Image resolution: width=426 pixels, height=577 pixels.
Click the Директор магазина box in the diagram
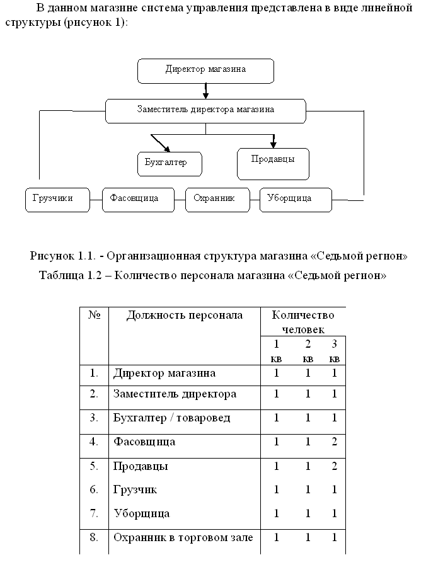point(205,71)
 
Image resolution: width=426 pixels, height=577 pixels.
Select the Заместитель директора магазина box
point(205,111)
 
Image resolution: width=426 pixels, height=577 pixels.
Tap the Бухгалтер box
point(170,164)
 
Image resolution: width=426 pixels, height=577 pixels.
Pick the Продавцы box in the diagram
point(273,164)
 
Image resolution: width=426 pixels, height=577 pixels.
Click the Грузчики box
point(57,200)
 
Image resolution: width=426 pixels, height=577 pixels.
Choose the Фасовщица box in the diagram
point(138,200)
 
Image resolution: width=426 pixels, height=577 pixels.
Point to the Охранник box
point(217,200)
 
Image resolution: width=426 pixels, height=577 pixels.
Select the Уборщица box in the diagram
point(296,200)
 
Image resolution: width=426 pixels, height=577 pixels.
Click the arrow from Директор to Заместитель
point(206,91)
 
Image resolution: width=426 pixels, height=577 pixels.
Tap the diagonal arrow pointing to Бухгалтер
point(161,143)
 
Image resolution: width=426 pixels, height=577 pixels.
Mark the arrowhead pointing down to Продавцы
point(273,144)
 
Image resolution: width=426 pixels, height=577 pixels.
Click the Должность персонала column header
point(185,316)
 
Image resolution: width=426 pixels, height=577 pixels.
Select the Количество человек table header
point(303,322)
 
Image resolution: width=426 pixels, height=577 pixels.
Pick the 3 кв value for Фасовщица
point(335,441)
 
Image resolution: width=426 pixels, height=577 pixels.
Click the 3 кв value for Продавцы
point(335,466)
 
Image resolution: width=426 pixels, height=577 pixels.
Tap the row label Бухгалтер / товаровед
point(171,418)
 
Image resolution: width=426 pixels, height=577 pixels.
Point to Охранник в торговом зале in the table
point(183,537)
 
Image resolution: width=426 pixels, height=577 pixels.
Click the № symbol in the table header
point(95,315)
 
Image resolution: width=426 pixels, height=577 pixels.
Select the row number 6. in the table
point(94,489)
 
